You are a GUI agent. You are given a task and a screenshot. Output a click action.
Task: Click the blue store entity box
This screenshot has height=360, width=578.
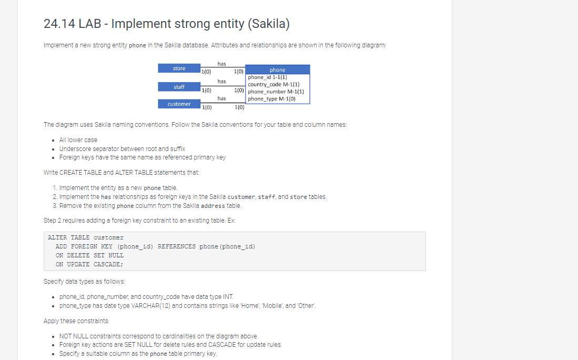click(x=179, y=68)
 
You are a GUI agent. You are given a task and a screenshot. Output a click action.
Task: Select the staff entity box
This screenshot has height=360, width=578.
click(x=179, y=87)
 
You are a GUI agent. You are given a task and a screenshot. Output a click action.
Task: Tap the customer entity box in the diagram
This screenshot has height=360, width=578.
click(x=179, y=104)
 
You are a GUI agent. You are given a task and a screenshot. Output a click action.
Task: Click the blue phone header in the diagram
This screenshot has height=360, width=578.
click(x=278, y=69)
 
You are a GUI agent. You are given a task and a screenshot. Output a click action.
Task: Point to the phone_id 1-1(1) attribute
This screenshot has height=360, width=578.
click(x=267, y=77)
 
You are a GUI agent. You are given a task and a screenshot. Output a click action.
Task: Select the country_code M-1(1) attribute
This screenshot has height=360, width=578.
click(x=273, y=84)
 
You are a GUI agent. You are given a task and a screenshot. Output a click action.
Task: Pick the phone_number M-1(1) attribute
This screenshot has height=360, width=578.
click(x=276, y=92)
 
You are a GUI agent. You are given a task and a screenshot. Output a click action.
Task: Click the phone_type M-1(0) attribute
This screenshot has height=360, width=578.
click(x=272, y=99)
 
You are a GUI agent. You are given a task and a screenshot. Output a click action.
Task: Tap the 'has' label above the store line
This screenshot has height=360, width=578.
click(x=221, y=64)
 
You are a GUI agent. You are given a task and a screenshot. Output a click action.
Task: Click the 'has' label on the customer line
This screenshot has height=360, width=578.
click(x=221, y=98)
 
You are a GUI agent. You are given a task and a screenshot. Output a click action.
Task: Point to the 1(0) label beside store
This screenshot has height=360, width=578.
click(x=206, y=72)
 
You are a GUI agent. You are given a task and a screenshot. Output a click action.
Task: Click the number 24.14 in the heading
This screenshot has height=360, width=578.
click(x=59, y=24)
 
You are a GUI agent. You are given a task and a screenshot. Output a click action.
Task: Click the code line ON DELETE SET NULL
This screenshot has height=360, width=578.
click(x=89, y=255)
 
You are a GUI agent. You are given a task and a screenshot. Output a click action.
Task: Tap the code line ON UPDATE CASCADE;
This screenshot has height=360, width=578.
click(x=89, y=264)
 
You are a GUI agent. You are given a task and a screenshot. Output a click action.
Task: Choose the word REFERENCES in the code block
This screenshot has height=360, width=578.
click(x=177, y=246)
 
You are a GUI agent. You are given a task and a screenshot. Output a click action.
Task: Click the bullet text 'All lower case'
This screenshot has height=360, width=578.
click(x=78, y=140)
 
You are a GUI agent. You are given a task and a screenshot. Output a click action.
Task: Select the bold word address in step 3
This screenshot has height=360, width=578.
click(x=212, y=206)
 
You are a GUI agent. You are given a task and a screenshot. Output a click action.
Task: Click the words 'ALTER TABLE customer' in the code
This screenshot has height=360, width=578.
click(x=86, y=237)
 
